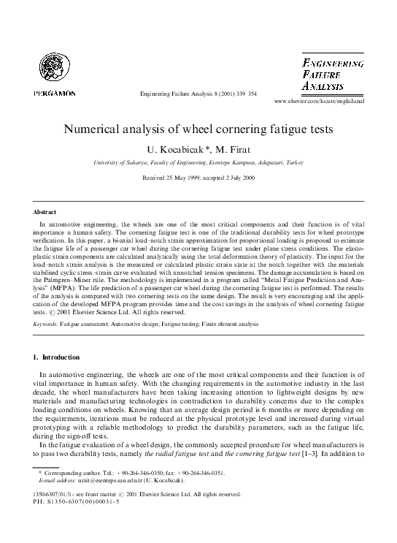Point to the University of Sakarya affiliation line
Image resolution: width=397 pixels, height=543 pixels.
198,162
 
